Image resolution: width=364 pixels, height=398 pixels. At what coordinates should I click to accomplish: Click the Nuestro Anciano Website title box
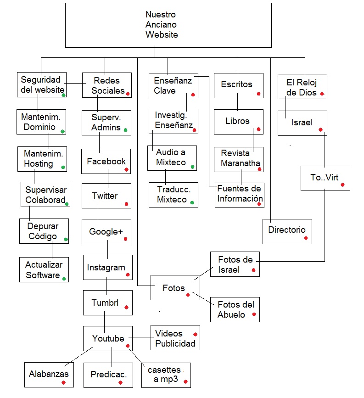(x=162, y=25)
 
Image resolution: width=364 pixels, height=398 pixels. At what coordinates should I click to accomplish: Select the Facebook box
(x=106, y=162)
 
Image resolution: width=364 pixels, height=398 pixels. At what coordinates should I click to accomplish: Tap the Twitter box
(x=106, y=196)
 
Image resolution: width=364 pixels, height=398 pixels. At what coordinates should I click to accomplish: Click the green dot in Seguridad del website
(x=64, y=95)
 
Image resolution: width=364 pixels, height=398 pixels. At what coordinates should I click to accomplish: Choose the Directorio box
(x=287, y=231)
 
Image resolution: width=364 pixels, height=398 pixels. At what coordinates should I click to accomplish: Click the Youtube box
(x=108, y=339)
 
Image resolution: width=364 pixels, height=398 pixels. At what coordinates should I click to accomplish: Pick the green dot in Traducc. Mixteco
(x=192, y=202)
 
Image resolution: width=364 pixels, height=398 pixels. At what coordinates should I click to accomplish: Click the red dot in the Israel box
(x=320, y=129)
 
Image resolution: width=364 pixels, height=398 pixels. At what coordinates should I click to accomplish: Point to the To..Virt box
(x=325, y=178)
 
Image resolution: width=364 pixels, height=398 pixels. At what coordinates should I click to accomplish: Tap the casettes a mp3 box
(x=166, y=375)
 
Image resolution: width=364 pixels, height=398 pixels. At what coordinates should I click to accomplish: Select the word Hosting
(x=39, y=163)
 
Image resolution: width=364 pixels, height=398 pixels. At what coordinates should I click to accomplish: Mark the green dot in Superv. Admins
(x=125, y=129)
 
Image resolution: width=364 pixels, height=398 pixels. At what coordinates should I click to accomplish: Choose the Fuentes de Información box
(x=240, y=195)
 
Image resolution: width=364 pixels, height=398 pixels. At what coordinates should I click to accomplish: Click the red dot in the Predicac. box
(x=120, y=382)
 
